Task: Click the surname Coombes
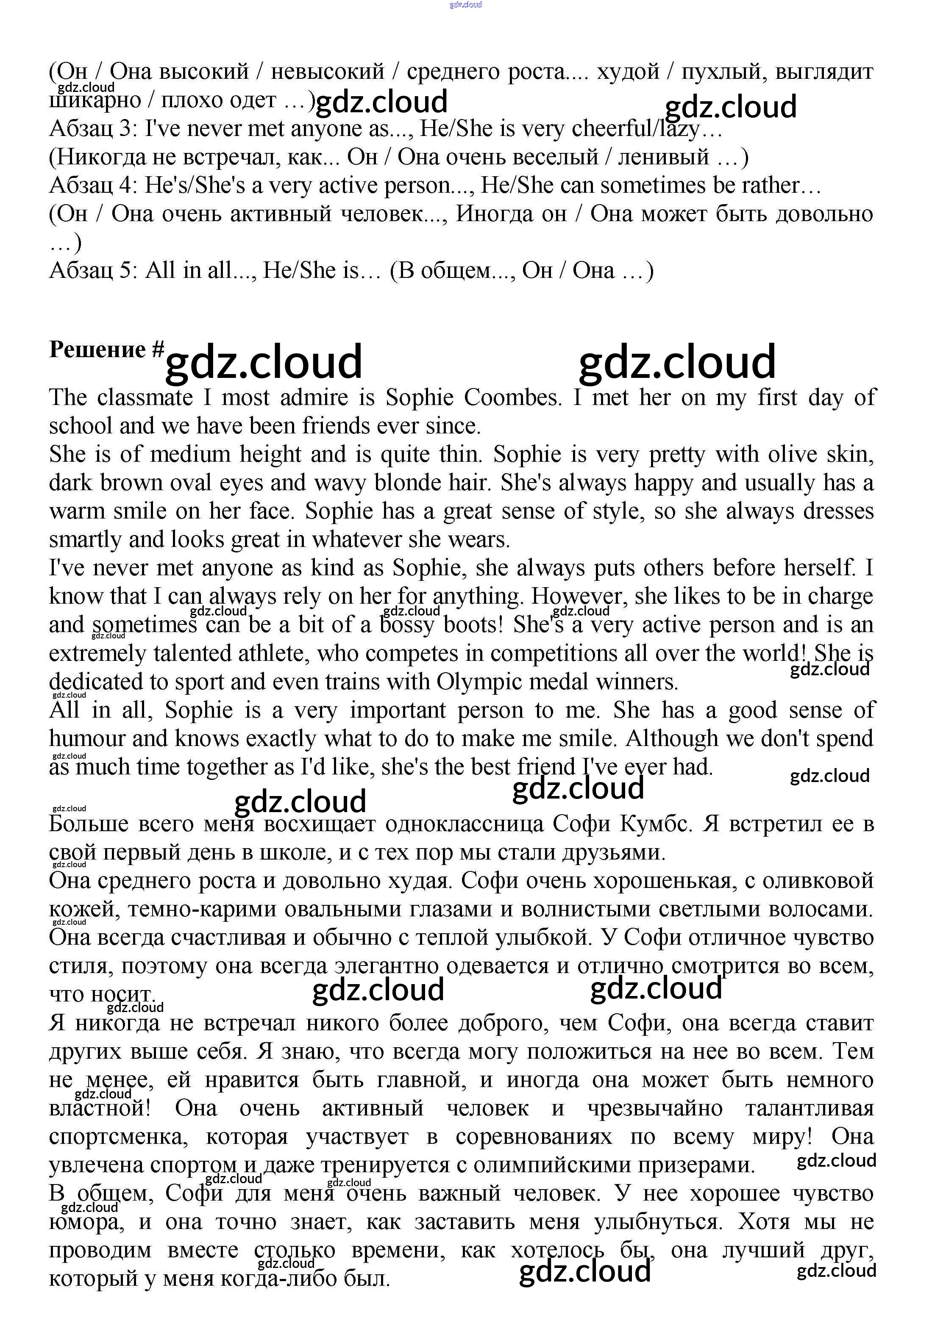point(512,398)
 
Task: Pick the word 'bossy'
point(407,625)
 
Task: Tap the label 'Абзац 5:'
point(93,271)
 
